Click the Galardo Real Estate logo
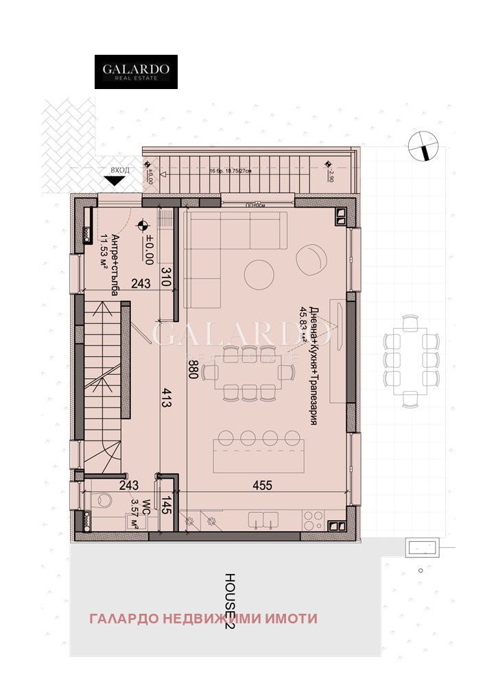coord(136,72)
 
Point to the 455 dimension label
coord(261,486)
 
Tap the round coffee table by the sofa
coord(259,273)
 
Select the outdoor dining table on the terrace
coord(410,359)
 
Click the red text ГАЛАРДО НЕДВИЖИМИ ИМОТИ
coord(203,619)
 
